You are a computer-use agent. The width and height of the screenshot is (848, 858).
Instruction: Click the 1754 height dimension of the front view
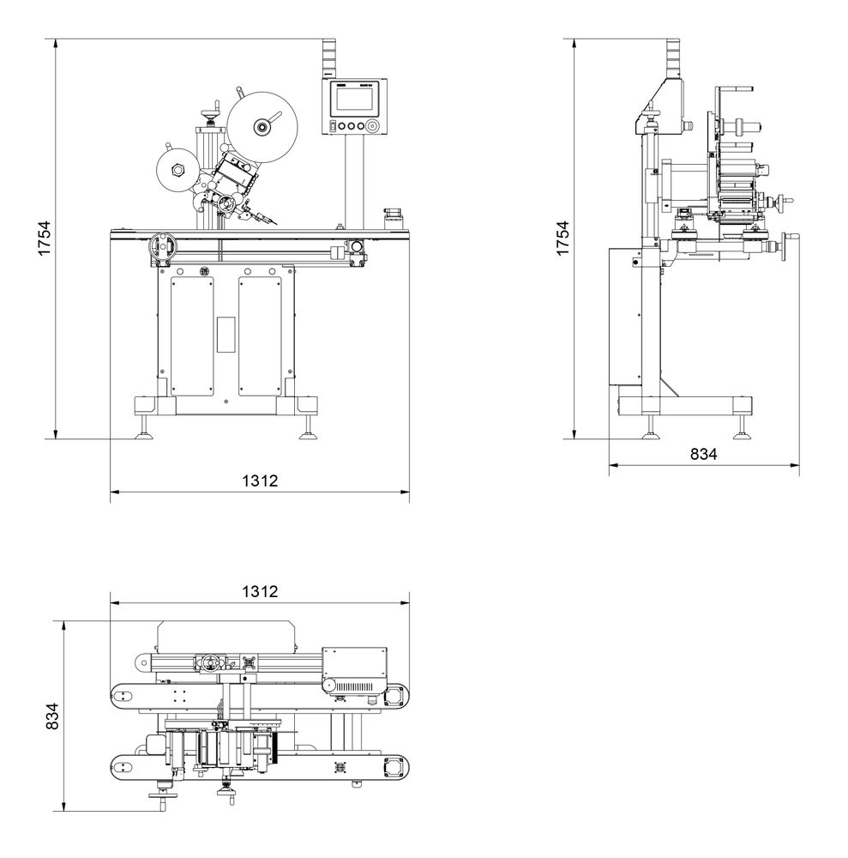(45, 239)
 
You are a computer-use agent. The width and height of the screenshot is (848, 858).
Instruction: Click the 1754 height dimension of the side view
(561, 239)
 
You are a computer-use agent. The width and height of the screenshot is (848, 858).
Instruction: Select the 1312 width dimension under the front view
(260, 480)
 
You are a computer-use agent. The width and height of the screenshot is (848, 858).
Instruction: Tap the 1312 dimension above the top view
(260, 592)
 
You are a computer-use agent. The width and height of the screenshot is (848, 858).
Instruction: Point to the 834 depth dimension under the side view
(703, 455)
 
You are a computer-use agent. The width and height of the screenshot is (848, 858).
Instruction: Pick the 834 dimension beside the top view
(53, 717)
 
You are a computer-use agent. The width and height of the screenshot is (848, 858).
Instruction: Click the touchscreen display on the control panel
(354, 99)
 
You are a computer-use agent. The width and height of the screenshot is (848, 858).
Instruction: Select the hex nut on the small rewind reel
(177, 169)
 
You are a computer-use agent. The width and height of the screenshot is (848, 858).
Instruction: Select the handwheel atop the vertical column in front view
(207, 112)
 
